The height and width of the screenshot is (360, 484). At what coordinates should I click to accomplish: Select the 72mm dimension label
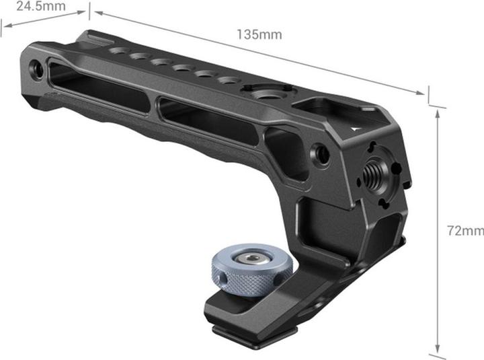click(x=466, y=230)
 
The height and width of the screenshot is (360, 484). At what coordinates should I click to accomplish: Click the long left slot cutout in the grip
click(x=101, y=88)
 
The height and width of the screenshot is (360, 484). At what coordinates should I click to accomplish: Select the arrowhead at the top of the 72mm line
click(x=438, y=114)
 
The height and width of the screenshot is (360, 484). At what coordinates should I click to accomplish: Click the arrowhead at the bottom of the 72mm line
click(x=438, y=350)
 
